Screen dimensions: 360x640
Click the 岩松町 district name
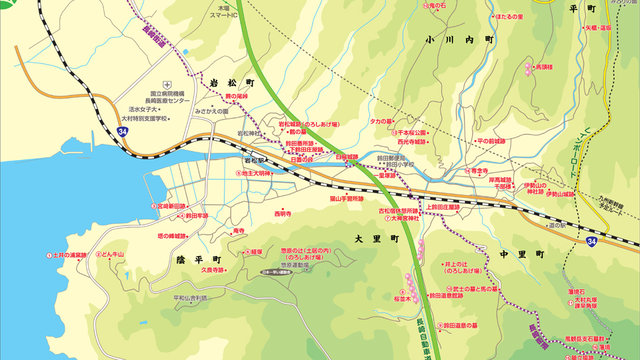232,83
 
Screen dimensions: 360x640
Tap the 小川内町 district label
461,40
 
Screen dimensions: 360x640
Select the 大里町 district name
376,238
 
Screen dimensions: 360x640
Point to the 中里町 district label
521,254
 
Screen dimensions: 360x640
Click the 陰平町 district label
198,258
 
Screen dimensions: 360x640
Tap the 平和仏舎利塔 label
190,297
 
